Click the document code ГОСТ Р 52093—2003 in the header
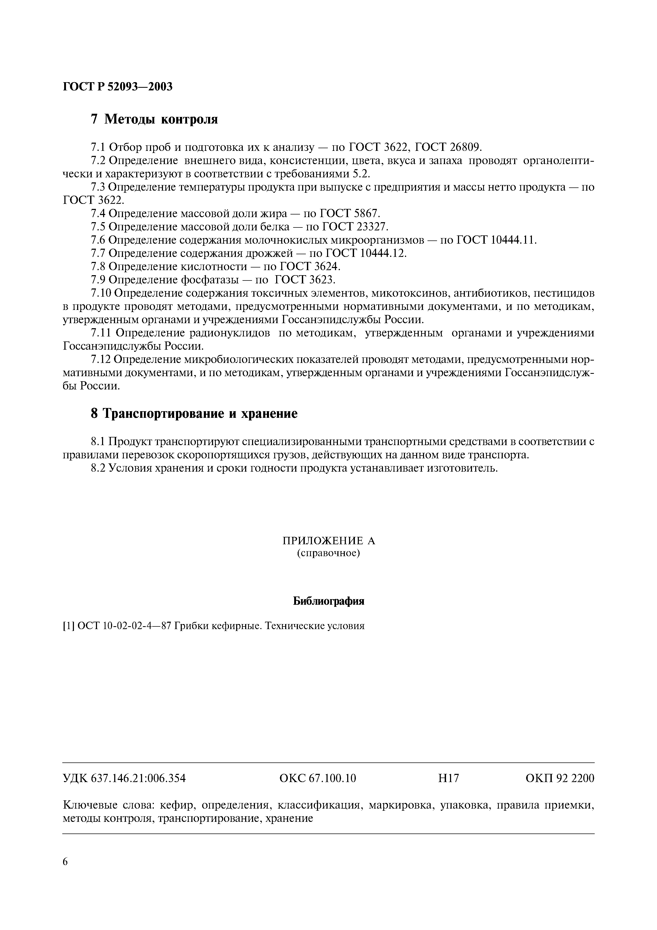118,86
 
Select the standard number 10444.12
382,253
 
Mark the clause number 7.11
101,333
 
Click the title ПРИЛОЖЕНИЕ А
328,541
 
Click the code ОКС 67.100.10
318,778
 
